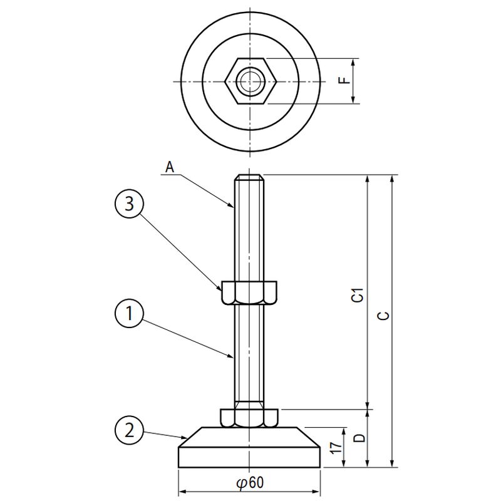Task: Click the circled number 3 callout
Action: point(129,204)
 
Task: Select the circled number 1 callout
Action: point(129,312)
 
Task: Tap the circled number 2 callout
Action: point(129,430)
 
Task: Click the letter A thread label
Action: point(170,167)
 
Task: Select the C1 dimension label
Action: point(358,294)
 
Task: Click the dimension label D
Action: point(359,438)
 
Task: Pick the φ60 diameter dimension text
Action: point(250,482)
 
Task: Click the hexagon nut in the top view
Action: point(250,81)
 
